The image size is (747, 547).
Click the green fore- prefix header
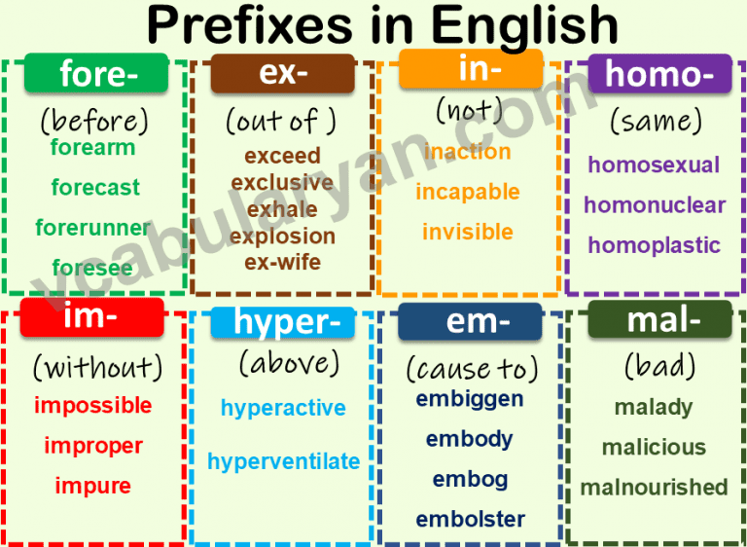pyautogui.click(x=93, y=74)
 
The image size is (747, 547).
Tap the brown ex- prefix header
pyautogui.click(x=282, y=74)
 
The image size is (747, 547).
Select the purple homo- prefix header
pyautogui.click(x=659, y=74)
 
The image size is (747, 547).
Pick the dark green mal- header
pyautogui.click(x=659, y=319)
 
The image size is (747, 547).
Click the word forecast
pyautogui.click(x=95, y=188)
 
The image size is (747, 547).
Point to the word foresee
pyautogui.click(x=93, y=268)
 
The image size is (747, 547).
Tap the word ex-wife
pyautogui.click(x=283, y=262)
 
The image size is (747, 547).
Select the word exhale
pyautogui.click(x=282, y=209)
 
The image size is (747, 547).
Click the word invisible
pyautogui.click(x=467, y=232)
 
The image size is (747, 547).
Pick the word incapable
pyautogui.click(x=467, y=192)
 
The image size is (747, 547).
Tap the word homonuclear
pyautogui.click(x=655, y=205)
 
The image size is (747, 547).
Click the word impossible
pyautogui.click(x=93, y=405)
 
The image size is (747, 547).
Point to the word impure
pyautogui.click(x=93, y=486)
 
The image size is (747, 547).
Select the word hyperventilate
pyautogui.click(x=283, y=461)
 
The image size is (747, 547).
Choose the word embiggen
pyautogui.click(x=470, y=399)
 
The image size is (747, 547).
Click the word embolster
pyautogui.click(x=471, y=519)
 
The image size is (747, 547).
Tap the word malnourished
pyautogui.click(x=654, y=487)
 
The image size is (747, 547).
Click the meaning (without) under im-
pyautogui.click(x=97, y=367)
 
